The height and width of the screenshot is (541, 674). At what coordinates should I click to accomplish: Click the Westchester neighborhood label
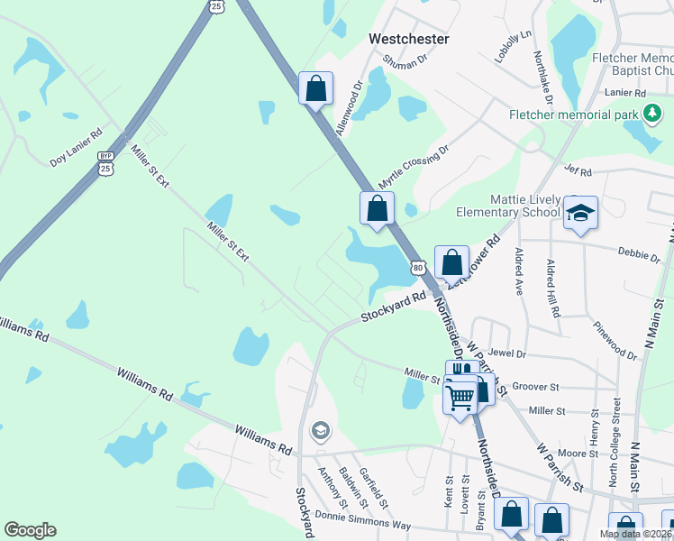[408, 40]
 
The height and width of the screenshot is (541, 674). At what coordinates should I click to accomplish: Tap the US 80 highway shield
[417, 267]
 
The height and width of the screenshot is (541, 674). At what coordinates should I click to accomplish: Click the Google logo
[30, 530]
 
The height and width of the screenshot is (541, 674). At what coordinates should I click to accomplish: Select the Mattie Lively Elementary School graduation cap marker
[580, 213]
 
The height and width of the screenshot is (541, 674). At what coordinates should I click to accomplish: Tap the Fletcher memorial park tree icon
[651, 115]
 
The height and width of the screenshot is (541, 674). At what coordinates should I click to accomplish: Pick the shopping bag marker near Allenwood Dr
[315, 88]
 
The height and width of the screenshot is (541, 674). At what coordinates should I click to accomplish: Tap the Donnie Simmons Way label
[362, 519]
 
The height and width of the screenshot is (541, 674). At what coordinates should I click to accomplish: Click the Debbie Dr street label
[639, 256]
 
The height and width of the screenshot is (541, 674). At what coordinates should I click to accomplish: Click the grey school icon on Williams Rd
[319, 431]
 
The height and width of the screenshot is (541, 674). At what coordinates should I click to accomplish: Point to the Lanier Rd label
[627, 93]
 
